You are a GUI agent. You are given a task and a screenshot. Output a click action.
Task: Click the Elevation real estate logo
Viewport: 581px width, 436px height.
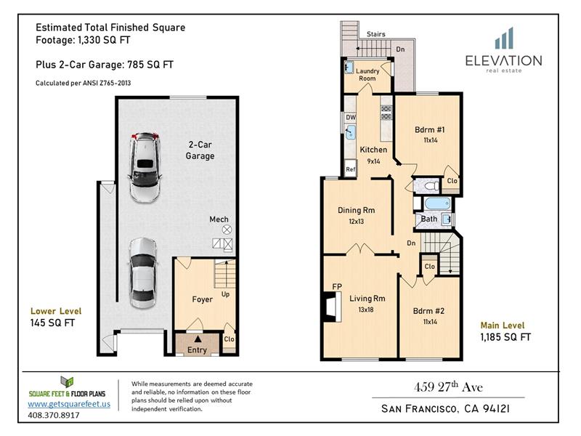[503, 50]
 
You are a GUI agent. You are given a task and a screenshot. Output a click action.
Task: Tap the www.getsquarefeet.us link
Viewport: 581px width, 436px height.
[69, 404]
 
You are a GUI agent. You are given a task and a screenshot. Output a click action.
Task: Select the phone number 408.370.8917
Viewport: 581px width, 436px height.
[54, 415]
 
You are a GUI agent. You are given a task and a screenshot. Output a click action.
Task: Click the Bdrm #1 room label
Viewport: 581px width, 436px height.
[430, 130]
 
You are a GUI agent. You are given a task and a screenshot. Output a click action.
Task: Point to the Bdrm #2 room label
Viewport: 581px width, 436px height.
[428, 311]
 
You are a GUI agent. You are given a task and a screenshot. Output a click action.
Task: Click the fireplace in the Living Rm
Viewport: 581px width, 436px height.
[333, 307]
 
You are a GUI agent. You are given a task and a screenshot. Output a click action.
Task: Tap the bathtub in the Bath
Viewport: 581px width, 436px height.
[438, 203]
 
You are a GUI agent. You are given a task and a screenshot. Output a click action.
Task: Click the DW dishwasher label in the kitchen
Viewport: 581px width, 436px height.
[351, 117]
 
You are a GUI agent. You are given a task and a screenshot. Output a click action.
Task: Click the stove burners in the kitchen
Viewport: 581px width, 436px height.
[386, 113]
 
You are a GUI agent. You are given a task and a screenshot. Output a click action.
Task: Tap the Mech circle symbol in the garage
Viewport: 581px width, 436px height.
[227, 230]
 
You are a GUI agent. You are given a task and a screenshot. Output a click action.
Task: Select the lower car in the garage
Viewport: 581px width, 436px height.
[143, 273]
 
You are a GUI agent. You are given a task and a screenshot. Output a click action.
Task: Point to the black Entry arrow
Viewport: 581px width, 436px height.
[198, 339]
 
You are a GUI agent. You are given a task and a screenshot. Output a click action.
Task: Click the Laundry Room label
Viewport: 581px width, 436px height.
[367, 75]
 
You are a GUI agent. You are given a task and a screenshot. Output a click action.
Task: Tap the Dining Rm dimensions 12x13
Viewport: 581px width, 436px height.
[356, 222]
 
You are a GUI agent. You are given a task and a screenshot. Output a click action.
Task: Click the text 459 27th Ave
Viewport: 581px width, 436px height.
[448, 387]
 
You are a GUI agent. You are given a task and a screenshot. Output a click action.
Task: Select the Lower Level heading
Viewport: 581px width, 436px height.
[56, 311]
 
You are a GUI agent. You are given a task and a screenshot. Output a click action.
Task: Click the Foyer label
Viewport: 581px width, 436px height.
[203, 299]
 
